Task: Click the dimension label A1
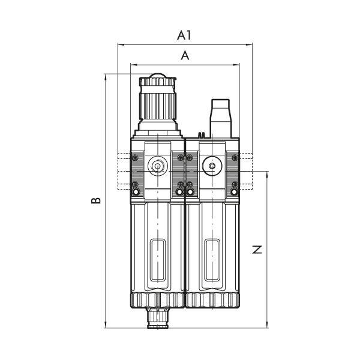pos(184,35)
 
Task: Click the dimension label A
pos(185,56)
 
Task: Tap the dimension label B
pos(96,200)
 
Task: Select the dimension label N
pos(257,250)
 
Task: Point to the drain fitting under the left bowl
pos(158,318)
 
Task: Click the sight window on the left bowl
pos(158,260)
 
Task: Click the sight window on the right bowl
pos(212,260)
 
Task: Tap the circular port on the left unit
pos(158,166)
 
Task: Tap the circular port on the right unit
pos(212,166)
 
